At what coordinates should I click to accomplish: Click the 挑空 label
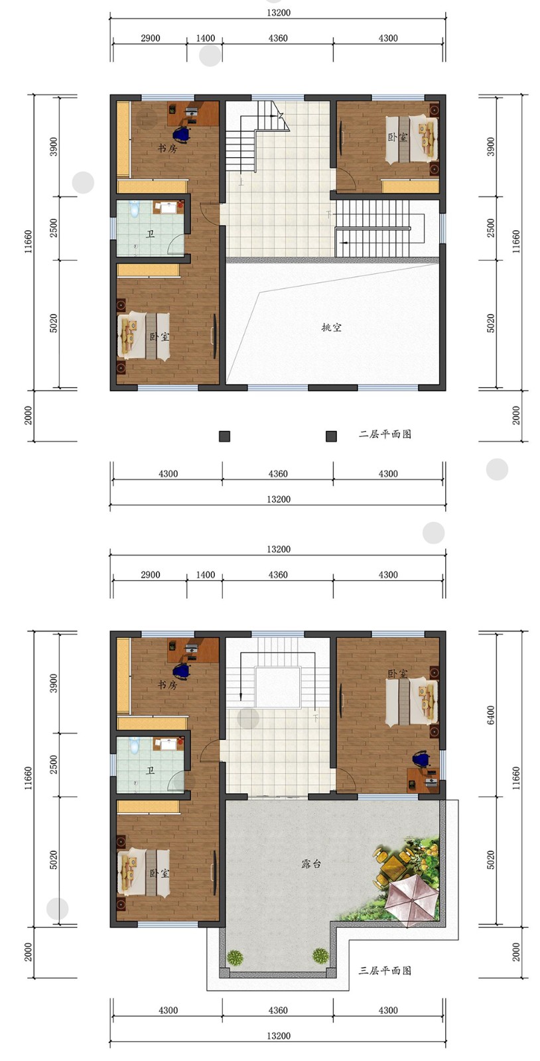(x=331, y=328)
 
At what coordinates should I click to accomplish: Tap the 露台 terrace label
(x=311, y=863)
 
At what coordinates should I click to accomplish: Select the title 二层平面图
(x=385, y=434)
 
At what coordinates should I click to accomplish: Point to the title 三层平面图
(x=385, y=971)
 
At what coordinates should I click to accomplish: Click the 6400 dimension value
(x=491, y=715)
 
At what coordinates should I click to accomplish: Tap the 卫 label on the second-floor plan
(x=150, y=233)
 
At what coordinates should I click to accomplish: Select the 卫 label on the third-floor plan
(x=150, y=771)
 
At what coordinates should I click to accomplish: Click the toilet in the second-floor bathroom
(x=135, y=209)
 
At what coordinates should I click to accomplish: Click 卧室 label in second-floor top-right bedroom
(x=397, y=137)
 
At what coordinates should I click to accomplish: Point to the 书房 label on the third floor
(x=167, y=685)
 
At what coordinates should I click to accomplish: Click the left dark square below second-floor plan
(x=224, y=436)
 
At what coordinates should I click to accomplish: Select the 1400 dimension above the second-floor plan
(x=206, y=38)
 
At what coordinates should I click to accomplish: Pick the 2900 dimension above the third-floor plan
(x=150, y=574)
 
